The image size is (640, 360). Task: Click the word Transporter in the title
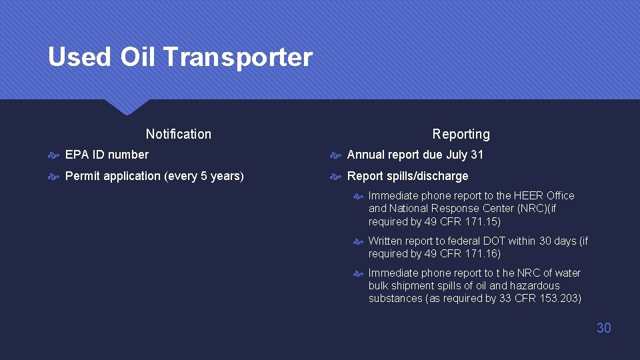pyautogui.click(x=237, y=57)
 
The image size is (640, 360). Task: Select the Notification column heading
pyautogui.click(x=178, y=134)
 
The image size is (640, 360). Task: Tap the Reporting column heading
pyautogui.click(x=461, y=134)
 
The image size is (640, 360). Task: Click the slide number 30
pyautogui.click(x=603, y=327)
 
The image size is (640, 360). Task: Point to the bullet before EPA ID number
pyautogui.click(x=54, y=155)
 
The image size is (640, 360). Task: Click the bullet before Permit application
pyautogui.click(x=54, y=177)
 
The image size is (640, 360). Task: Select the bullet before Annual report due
pyautogui.click(x=337, y=155)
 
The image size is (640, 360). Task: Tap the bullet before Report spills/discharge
pyautogui.click(x=337, y=177)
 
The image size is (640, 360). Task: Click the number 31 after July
pyautogui.click(x=477, y=155)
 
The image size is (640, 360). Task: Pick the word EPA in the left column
pyautogui.click(x=77, y=155)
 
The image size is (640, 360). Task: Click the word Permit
pyautogui.click(x=82, y=176)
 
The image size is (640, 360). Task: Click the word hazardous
pyautogui.click(x=535, y=285)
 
